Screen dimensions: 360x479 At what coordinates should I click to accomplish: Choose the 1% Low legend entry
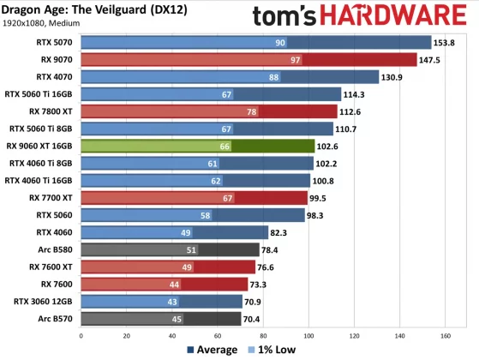(272, 349)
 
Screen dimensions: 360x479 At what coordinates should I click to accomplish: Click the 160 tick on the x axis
(446, 336)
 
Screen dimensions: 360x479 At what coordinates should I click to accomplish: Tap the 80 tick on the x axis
(261, 336)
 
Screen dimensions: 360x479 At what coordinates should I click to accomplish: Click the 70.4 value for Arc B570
(278, 319)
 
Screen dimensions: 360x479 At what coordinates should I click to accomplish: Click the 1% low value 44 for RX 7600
(174, 284)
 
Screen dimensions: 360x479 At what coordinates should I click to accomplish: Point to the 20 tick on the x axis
(127, 336)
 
